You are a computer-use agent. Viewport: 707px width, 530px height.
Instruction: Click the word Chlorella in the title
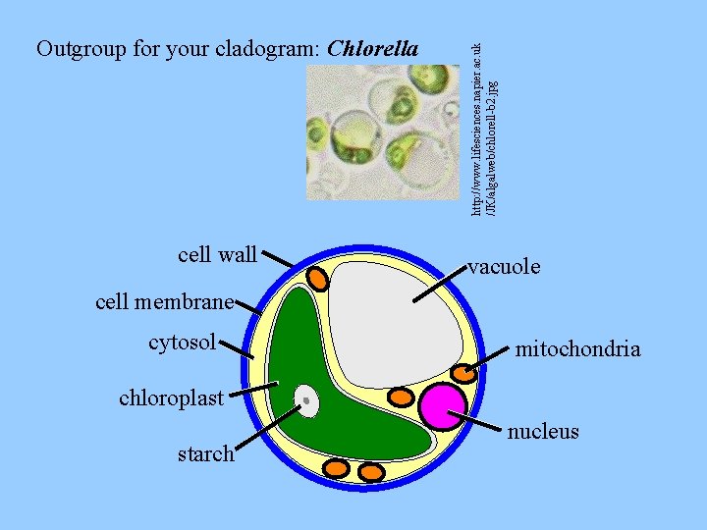click(x=373, y=48)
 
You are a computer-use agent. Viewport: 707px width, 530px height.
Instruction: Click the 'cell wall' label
click(x=217, y=255)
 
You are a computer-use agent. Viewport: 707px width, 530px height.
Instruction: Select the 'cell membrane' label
click(x=165, y=301)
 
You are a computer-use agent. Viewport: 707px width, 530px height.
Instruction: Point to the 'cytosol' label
click(x=182, y=343)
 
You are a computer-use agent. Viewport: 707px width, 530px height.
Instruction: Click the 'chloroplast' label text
click(x=172, y=398)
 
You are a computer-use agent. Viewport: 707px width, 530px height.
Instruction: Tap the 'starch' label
click(x=205, y=453)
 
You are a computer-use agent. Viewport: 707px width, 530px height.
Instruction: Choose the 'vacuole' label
click(x=504, y=266)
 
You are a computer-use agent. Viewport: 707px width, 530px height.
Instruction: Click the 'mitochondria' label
click(x=578, y=348)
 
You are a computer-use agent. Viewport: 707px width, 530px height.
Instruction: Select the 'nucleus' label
click(x=543, y=432)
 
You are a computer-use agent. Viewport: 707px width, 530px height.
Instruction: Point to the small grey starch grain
click(x=307, y=399)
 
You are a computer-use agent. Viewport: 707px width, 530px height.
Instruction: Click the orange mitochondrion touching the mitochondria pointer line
click(x=462, y=373)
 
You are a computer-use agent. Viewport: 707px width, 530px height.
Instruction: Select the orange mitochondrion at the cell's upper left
click(x=318, y=278)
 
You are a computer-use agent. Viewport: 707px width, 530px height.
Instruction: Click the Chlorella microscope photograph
click(x=382, y=132)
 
